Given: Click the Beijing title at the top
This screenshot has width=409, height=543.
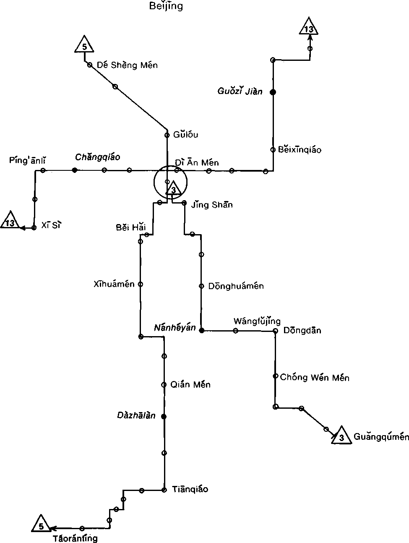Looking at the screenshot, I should pyautogui.click(x=166, y=6).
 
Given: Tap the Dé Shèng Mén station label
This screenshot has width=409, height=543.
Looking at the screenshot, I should pyautogui.click(x=127, y=65).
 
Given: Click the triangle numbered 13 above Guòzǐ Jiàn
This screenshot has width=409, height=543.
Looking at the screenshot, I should pyautogui.click(x=309, y=28).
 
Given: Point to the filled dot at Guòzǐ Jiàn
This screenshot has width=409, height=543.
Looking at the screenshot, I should pyautogui.click(x=273, y=92).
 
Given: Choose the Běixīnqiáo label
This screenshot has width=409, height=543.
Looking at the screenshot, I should pyautogui.click(x=300, y=150).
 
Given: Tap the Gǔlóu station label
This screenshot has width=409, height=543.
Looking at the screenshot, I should pyautogui.click(x=185, y=135).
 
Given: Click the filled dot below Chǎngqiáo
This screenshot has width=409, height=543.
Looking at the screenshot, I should pyautogui.click(x=75, y=170).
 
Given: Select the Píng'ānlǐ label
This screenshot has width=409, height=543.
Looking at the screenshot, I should pyautogui.click(x=27, y=160).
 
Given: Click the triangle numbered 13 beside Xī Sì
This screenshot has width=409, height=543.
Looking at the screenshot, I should pyautogui.click(x=10, y=222).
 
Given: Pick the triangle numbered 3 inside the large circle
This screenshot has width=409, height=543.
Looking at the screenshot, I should pyautogui.click(x=173, y=190).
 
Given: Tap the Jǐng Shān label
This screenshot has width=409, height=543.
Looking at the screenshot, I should pyautogui.click(x=212, y=205).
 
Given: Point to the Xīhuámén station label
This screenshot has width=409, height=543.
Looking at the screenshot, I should pyautogui.click(x=114, y=284).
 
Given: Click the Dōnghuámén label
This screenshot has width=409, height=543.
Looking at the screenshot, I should pyautogui.click(x=236, y=286).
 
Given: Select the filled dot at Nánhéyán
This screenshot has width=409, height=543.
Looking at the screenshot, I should pyautogui.click(x=201, y=330).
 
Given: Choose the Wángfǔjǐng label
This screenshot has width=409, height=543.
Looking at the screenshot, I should pyautogui.click(x=257, y=321).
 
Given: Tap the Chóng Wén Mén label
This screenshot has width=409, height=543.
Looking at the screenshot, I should pyautogui.click(x=315, y=377).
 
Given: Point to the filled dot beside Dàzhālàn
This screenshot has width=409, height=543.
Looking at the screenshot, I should pyautogui.click(x=164, y=416).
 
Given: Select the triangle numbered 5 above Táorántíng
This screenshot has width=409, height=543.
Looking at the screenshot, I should pyautogui.click(x=41, y=525).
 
